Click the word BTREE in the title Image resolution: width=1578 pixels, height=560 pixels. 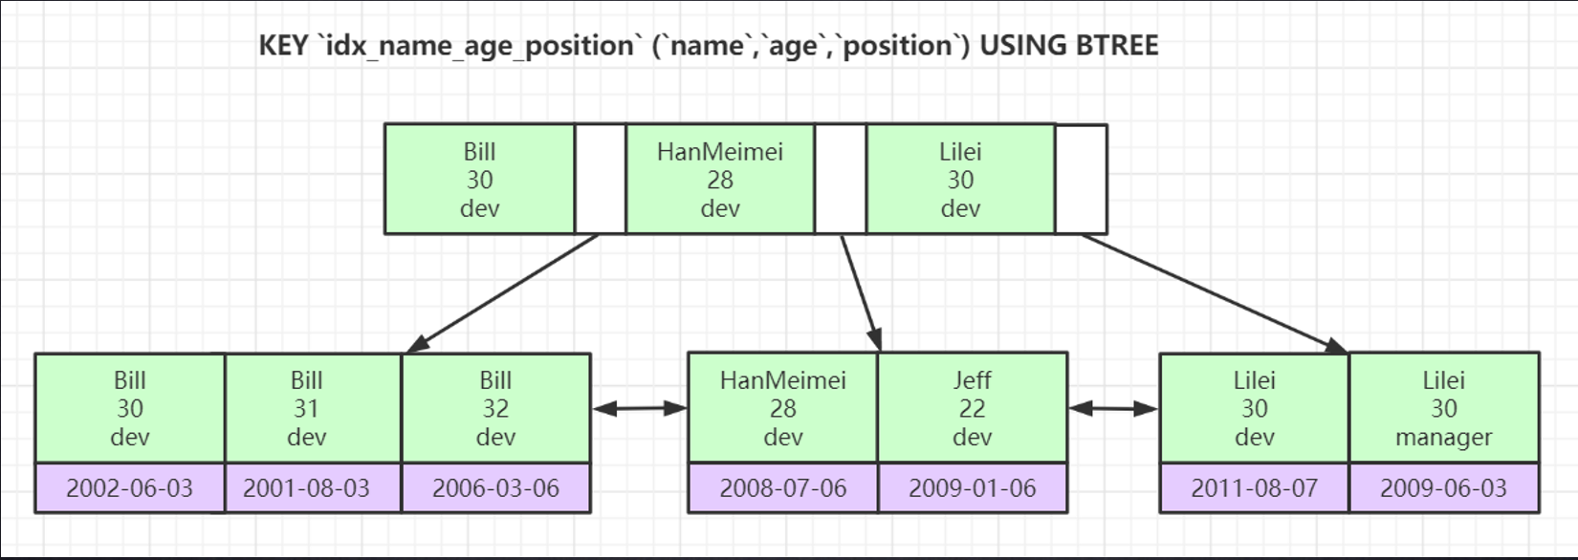[x=1117, y=46]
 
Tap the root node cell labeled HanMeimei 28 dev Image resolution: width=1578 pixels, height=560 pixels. [x=720, y=180]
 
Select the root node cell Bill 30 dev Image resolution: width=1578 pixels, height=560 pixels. [x=480, y=180]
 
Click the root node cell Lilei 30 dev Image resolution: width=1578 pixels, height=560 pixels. [x=961, y=180]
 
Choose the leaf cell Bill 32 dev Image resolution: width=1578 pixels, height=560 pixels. [x=496, y=408]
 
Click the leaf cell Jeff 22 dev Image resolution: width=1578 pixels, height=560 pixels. [x=973, y=408]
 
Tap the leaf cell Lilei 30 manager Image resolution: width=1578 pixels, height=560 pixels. [x=1444, y=408]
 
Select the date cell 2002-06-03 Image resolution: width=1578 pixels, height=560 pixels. [x=130, y=488]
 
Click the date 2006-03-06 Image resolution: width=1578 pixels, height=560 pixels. [x=496, y=488]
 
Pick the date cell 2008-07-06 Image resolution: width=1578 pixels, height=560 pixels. [x=783, y=488]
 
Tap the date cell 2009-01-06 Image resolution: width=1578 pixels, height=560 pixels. [x=973, y=488]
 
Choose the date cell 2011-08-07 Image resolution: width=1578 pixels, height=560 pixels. [x=1255, y=488]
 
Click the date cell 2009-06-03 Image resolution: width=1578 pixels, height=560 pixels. [x=1444, y=488]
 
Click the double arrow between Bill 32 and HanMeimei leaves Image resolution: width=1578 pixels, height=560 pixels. [x=640, y=408]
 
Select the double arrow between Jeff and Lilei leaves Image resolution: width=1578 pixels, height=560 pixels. [x=1113, y=408]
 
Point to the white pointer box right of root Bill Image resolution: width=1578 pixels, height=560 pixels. [x=601, y=180]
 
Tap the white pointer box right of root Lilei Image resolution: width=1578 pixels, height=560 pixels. [x=1082, y=180]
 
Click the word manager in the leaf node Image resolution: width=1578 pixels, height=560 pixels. [x=1444, y=438]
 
